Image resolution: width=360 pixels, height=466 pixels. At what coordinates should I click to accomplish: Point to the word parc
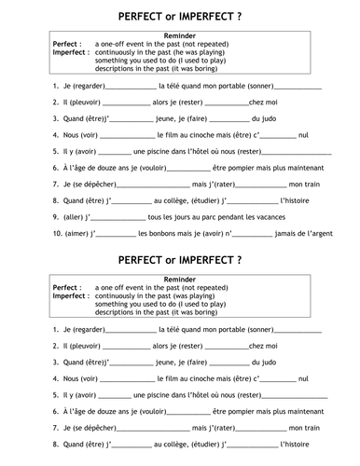click(194, 216)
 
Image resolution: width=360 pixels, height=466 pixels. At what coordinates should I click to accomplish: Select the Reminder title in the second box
click(179, 281)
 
